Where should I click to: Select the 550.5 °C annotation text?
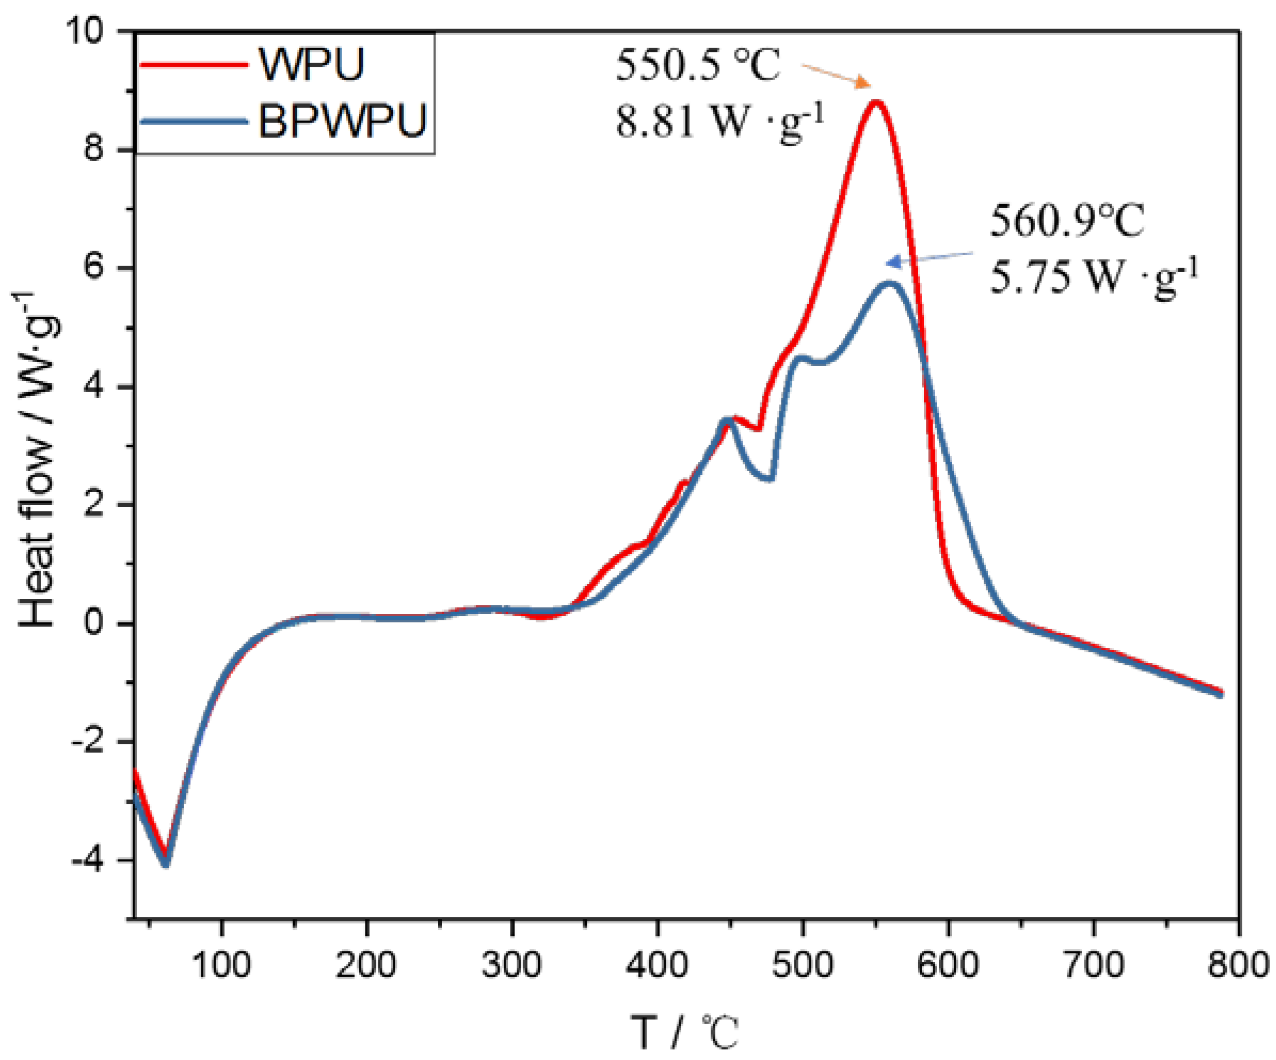(698, 65)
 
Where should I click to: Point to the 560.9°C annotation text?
(1067, 220)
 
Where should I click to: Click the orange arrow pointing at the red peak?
(836, 75)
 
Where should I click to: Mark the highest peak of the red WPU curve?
(876, 101)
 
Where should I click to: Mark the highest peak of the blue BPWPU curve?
(890, 283)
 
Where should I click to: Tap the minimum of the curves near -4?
(166, 862)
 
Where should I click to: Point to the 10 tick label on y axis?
(91, 30)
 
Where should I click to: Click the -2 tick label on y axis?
(91, 742)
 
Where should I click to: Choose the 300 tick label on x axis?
(511, 964)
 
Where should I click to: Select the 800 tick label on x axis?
(1237, 964)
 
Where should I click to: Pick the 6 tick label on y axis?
(94, 268)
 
